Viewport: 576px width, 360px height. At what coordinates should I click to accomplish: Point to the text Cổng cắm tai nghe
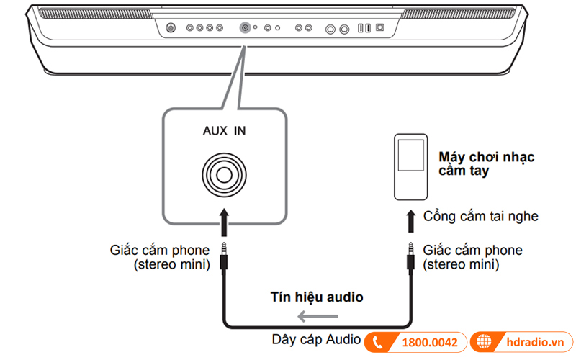[480, 216]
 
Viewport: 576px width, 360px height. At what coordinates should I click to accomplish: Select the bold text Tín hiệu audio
[317, 296]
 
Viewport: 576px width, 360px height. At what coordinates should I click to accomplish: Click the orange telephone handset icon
[380, 343]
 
